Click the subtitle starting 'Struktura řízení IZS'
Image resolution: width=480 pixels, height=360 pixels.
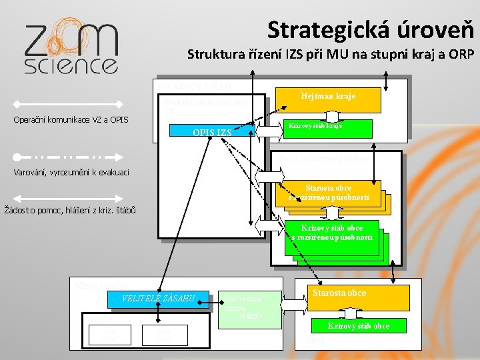tap(330, 53)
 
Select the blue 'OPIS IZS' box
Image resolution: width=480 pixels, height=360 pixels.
tap(212, 133)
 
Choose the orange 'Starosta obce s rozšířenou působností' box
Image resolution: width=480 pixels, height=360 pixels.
tap(328, 192)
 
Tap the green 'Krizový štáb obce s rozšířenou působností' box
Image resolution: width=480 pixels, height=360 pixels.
tap(331, 233)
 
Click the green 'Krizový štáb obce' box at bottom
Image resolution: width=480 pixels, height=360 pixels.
tap(358, 326)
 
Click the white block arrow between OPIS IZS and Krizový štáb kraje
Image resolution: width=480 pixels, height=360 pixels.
tap(271, 131)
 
